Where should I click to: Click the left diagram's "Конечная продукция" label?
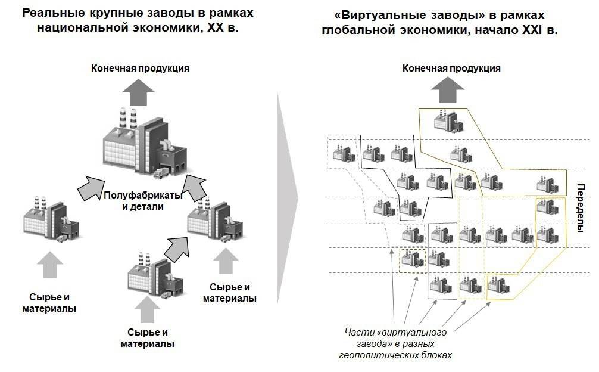point(140,68)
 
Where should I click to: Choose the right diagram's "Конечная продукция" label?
point(451,68)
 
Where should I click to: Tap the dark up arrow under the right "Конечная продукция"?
point(448,91)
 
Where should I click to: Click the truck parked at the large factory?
point(161,173)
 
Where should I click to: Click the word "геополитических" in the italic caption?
point(371,355)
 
